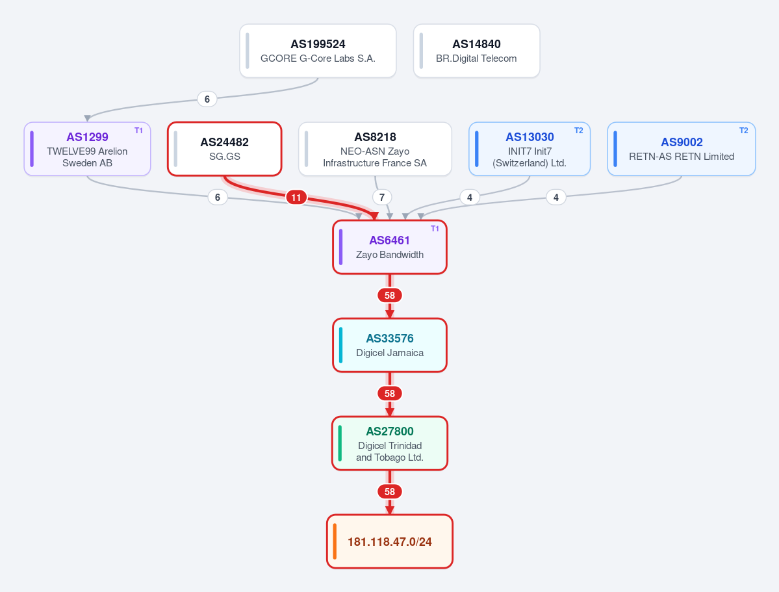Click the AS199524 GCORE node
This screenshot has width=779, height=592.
point(318,51)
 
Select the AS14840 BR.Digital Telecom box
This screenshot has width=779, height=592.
point(476,51)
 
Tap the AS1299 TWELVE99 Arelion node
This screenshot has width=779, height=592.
point(88,149)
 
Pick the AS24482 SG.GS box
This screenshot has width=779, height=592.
point(225,149)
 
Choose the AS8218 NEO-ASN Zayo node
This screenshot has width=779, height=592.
point(375,149)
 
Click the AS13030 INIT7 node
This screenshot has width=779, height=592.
point(530,149)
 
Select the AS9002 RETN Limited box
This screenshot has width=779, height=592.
point(682,149)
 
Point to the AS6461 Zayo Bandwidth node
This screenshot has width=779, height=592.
point(390,247)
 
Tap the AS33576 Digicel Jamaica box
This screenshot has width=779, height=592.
point(390,346)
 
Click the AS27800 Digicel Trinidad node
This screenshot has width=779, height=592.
point(390,443)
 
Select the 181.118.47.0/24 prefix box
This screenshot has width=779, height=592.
point(390,541)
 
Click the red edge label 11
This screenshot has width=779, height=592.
point(296,198)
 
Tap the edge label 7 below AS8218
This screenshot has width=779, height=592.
point(382,198)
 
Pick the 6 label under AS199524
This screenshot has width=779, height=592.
point(207,99)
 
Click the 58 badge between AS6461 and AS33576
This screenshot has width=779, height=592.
point(390,295)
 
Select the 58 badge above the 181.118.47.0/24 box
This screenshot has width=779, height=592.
point(390,491)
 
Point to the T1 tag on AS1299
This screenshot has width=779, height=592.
point(138,131)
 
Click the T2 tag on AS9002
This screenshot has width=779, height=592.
point(744,131)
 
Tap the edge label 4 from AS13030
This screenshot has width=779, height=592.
point(470,198)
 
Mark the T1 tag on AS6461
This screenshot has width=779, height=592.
point(435,229)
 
